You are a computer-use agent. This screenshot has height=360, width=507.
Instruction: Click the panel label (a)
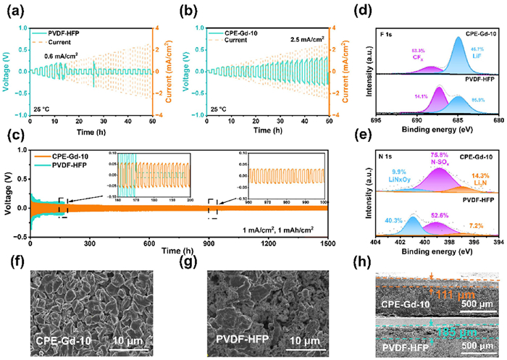[x=11, y=9]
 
